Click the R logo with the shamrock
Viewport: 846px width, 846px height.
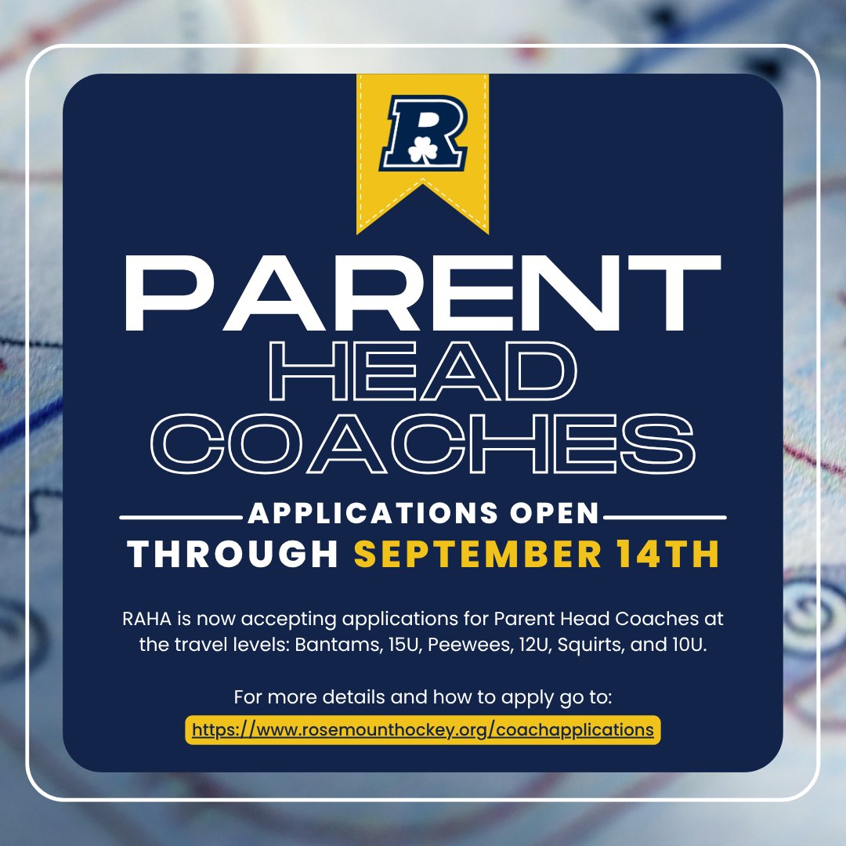point(423,132)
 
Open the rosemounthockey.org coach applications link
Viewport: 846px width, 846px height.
point(423,729)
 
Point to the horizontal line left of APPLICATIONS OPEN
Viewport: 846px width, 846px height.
point(180,517)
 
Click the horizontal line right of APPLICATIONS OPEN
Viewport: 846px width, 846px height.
point(666,517)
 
